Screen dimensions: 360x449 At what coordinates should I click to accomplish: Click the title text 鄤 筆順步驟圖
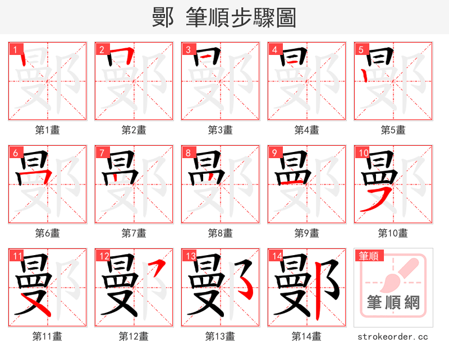(224, 17)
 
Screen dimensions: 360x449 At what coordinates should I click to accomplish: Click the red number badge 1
(15, 49)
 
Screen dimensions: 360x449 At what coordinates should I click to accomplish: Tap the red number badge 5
(360, 49)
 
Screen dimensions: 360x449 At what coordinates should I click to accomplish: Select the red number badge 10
(362, 152)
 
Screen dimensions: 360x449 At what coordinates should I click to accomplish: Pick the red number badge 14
(276, 256)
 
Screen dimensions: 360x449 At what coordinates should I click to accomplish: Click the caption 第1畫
(48, 130)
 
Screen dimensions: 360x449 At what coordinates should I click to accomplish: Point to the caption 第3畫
(221, 130)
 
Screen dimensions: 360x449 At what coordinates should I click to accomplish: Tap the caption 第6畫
(48, 233)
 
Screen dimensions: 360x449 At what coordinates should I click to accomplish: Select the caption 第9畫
(307, 233)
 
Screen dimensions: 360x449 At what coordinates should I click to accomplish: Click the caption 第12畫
(134, 336)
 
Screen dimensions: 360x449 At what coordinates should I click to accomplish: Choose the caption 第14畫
(307, 336)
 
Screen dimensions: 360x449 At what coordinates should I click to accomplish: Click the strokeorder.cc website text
(393, 336)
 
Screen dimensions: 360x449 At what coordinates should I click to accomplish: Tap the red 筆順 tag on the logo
(368, 256)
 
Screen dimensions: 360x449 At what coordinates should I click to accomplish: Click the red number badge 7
(101, 152)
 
